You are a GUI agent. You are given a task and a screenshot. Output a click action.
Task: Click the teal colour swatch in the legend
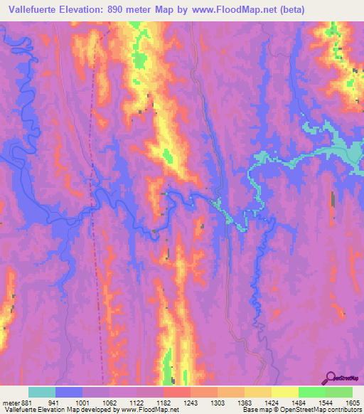[x=42, y=392]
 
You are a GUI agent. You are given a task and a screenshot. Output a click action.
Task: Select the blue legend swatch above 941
[x=69, y=392]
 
